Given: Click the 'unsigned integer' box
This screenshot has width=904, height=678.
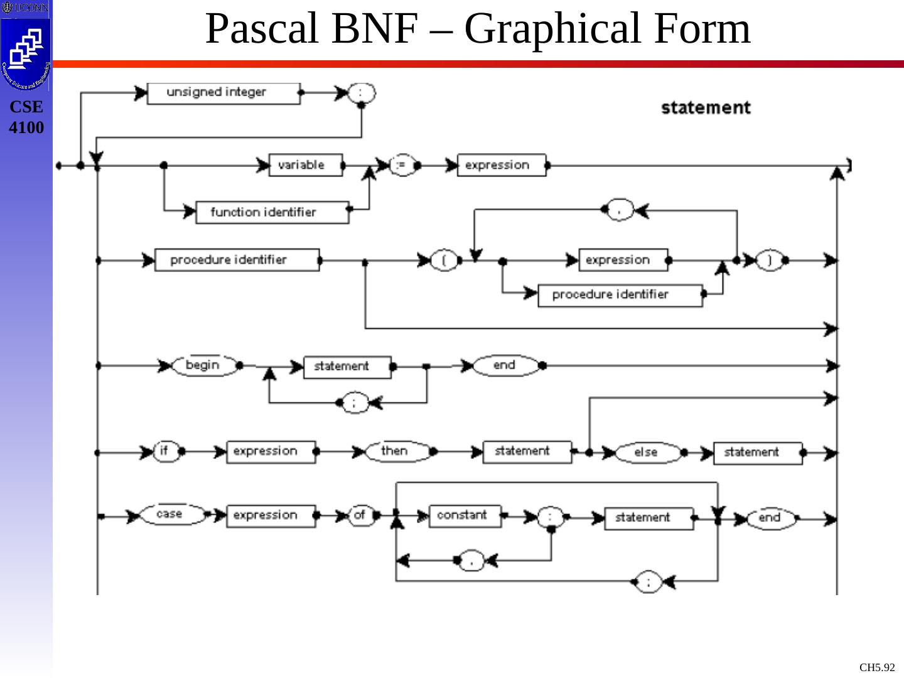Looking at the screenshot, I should pos(223,94).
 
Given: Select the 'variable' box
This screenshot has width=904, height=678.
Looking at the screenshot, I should pos(306,165).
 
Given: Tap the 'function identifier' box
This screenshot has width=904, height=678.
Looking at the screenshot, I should pos(272,212).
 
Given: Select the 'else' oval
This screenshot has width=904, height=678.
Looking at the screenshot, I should pos(647,452).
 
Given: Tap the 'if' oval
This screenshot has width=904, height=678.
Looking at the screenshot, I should pos(166,451).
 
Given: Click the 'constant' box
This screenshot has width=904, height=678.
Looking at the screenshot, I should pos(465,516).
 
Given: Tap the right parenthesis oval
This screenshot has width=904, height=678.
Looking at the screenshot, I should pos(768,260).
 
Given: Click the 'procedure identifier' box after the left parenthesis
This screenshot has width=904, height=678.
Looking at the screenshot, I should pos(620,295).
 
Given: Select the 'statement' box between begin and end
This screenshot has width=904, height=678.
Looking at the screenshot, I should pos(347,367).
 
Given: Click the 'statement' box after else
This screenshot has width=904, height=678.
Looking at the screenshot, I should pos(758,453).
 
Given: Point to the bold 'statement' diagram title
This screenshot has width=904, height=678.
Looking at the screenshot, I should pos(706,108).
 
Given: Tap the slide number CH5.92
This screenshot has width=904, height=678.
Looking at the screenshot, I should pos(876,667).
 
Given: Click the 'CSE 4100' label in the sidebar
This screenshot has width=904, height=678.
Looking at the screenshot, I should pos(26,117).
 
